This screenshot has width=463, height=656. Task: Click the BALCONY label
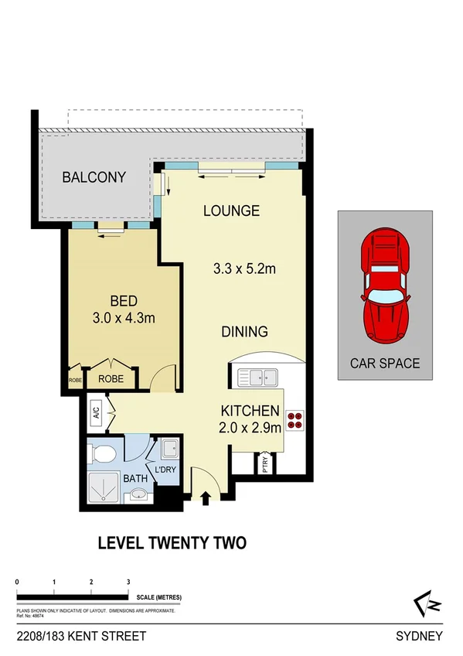(x=94, y=177)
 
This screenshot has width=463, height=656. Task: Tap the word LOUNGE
(x=231, y=210)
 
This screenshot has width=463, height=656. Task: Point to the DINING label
(x=244, y=332)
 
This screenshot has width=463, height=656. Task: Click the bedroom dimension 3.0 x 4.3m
(x=123, y=319)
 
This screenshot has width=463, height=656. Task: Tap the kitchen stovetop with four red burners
(x=295, y=422)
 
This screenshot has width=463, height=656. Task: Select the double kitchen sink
(x=258, y=378)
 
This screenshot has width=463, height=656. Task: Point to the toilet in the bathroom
(x=103, y=452)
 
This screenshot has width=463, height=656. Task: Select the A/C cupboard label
(x=96, y=413)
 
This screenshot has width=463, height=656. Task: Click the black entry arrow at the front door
(x=206, y=498)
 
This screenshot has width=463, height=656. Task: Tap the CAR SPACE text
(x=385, y=362)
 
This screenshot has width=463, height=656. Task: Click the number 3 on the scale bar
(x=128, y=582)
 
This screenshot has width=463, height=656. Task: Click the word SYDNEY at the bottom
(x=419, y=637)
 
